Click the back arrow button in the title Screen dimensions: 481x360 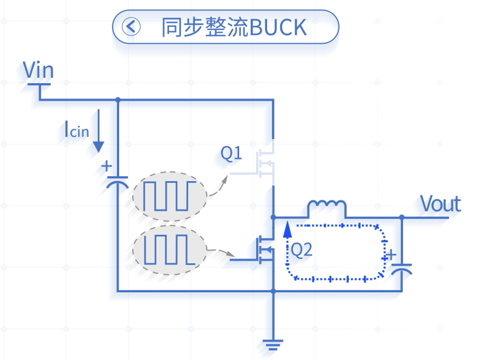pyautogui.click(x=131, y=27)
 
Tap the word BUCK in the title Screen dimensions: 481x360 pyautogui.click(x=278, y=27)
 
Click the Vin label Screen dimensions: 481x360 pyautogui.click(x=38, y=70)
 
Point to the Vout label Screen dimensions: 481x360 pyautogui.click(x=440, y=204)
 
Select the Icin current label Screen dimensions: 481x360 pyautogui.click(x=77, y=129)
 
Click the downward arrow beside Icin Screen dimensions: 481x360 pyautogui.click(x=99, y=131)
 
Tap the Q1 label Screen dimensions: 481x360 pyautogui.click(x=231, y=153)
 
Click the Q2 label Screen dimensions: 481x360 pyautogui.click(x=301, y=249)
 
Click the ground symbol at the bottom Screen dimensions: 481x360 pyautogui.click(x=273, y=345)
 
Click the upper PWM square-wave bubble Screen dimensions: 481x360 pyautogui.click(x=170, y=196)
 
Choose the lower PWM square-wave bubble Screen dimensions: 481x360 pyautogui.click(x=170, y=251)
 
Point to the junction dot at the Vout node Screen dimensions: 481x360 pyautogui.click(x=402, y=217)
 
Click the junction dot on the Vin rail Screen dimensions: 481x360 pyautogui.click(x=118, y=99)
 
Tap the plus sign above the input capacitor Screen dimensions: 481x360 pyautogui.click(x=107, y=166)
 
